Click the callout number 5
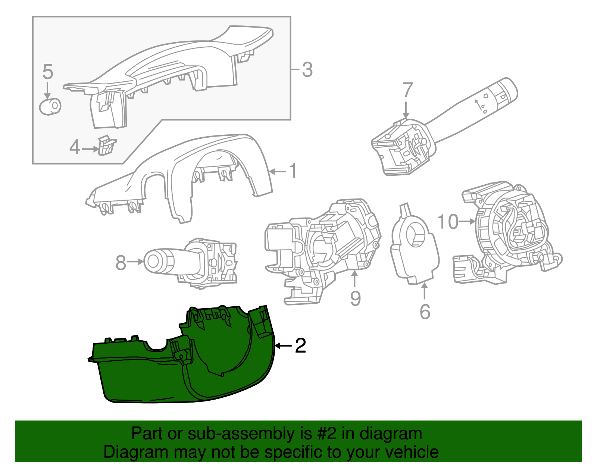48,72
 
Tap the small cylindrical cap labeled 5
50,106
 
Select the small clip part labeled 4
107,145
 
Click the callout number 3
307,70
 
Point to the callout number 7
407,91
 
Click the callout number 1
293,171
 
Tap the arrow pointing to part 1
277,172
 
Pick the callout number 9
356,298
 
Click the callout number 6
425,312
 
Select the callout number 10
447,222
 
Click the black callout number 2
300,346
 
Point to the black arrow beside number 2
284,346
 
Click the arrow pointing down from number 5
48,90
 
